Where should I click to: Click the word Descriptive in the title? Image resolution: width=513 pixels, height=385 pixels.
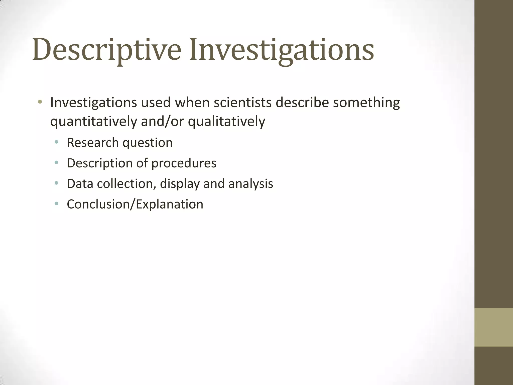tap(106, 49)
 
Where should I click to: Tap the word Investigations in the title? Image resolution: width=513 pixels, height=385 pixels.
tap(281, 49)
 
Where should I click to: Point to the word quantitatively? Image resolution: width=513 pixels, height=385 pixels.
tap(94, 122)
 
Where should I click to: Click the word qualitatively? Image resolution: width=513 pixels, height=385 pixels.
tap(226, 122)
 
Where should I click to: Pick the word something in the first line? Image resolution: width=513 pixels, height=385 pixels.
tap(366, 103)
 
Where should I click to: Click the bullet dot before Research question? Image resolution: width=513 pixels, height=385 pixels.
tap(56, 142)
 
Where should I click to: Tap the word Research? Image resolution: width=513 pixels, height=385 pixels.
tap(93, 142)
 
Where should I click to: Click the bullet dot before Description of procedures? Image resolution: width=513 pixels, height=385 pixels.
tap(56, 163)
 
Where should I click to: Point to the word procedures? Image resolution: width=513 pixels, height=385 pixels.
tap(184, 163)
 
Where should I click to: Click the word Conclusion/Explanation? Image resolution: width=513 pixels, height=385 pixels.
tap(135, 204)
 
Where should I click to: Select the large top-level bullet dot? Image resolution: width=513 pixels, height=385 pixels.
tap(40, 102)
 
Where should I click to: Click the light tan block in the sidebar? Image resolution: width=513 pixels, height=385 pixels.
tap(493, 327)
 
